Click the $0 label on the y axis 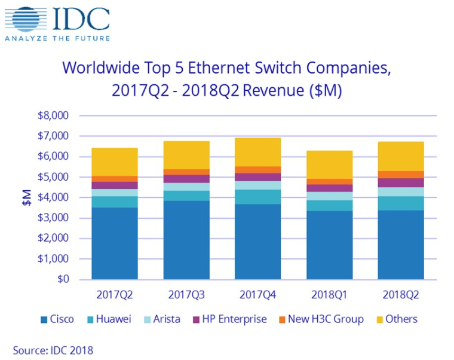[x=62, y=279]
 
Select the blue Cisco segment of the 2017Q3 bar [x=186, y=239]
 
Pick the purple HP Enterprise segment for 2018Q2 [x=400, y=182]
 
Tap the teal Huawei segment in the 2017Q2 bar [x=114, y=202]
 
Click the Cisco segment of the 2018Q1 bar [x=329, y=245]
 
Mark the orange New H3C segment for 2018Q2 [x=400, y=174]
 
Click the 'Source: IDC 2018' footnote [x=53, y=350]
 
